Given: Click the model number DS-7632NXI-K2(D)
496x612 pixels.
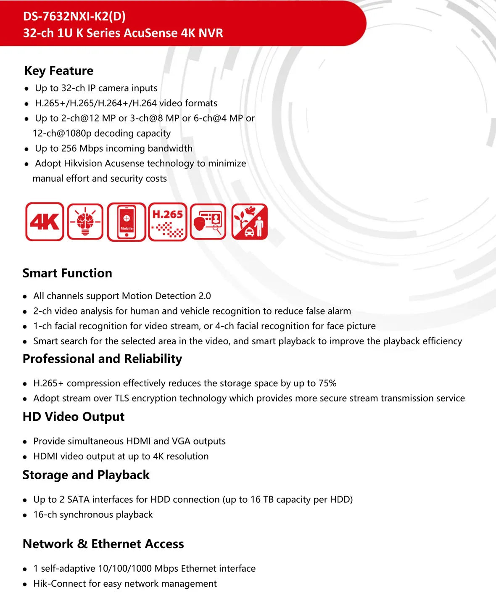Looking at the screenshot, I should pyautogui.click(x=74, y=16).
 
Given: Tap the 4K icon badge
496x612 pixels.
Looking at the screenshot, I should pyautogui.click(x=45, y=222).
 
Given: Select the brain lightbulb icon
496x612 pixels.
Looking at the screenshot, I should pyautogui.click(x=85, y=222).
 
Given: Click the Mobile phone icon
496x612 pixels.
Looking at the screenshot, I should pyautogui.click(x=127, y=222).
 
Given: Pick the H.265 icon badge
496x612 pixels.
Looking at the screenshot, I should pyautogui.click(x=168, y=222).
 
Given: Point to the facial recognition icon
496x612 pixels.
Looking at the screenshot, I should pyautogui.click(x=208, y=222).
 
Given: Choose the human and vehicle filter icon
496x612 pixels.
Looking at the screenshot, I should pyautogui.click(x=250, y=222).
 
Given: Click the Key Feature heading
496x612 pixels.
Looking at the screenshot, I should pyautogui.click(x=59, y=71).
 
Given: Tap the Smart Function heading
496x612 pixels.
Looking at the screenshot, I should pyautogui.click(x=67, y=273).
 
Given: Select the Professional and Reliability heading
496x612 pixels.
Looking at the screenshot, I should pyautogui.click(x=102, y=359).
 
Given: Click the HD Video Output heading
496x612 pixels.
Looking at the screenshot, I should pyautogui.click(x=74, y=417).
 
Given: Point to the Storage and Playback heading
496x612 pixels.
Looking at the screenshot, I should pyautogui.click(x=86, y=475).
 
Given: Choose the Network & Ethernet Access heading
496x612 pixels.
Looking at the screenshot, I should pyautogui.click(x=103, y=544).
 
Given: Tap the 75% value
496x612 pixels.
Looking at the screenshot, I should pyautogui.click(x=327, y=383).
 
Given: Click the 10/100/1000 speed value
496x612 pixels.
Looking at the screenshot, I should pyautogui.click(x=125, y=569).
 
